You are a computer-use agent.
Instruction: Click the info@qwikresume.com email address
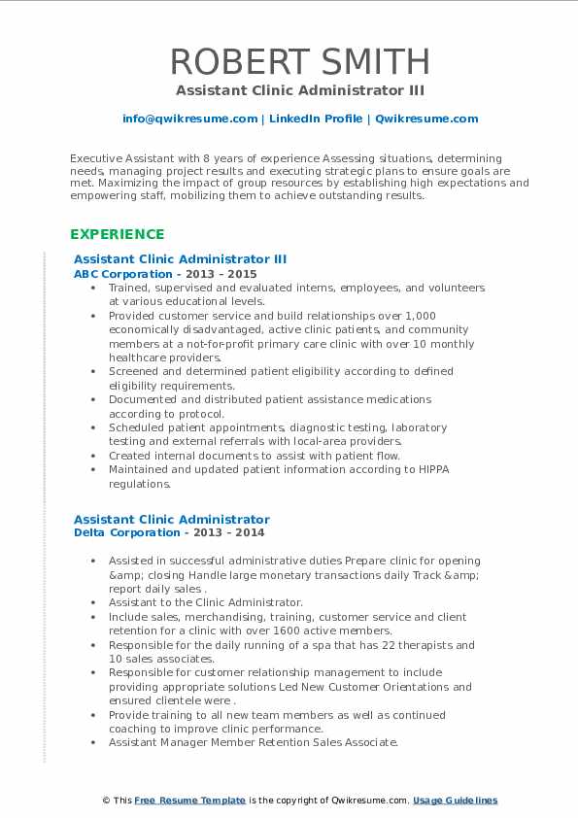(x=190, y=119)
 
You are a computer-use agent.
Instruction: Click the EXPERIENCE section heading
(x=117, y=234)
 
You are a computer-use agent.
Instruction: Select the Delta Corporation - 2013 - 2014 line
(x=169, y=532)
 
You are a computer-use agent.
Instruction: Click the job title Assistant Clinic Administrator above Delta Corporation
(x=172, y=519)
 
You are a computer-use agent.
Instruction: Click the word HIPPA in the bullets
(x=432, y=469)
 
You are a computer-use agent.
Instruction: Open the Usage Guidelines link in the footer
(x=455, y=800)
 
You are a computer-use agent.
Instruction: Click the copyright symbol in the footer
(x=105, y=800)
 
